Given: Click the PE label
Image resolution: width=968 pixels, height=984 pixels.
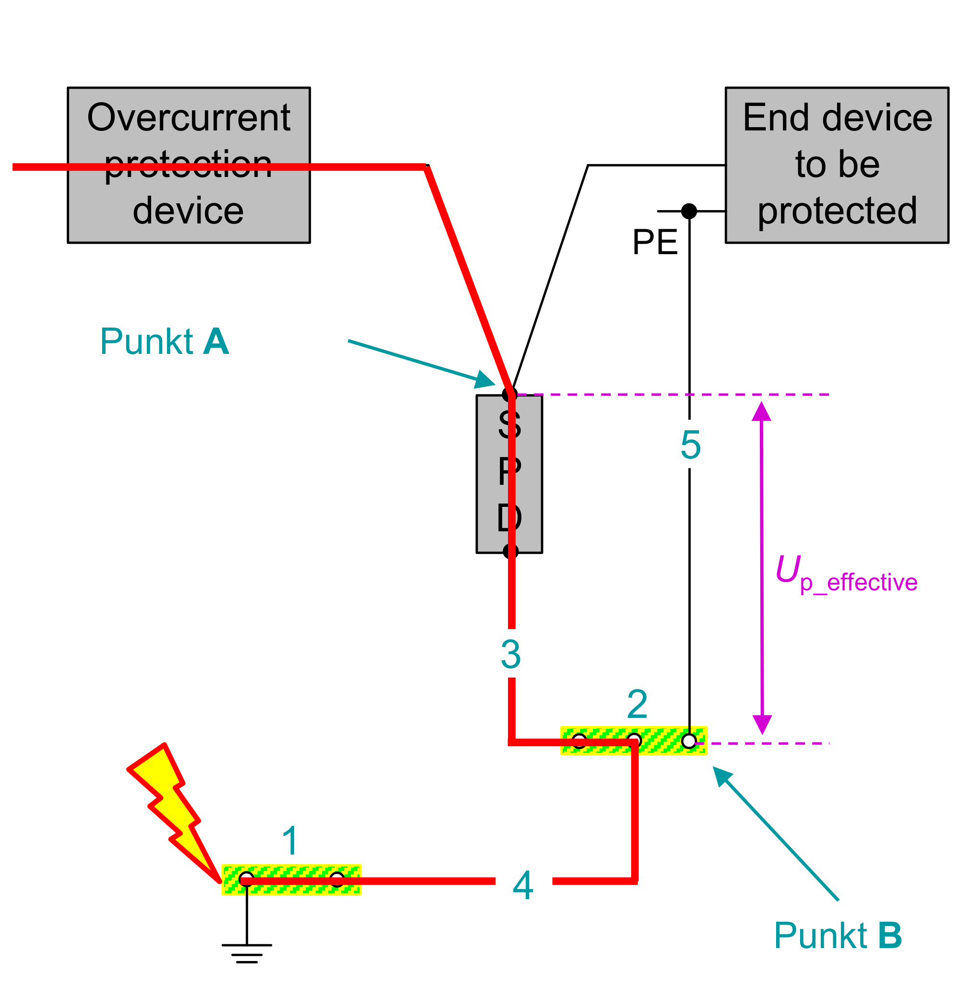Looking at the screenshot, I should click(x=654, y=243).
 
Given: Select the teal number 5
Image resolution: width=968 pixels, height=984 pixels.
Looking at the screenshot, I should click(x=690, y=445).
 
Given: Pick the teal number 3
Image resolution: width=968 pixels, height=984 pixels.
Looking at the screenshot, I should click(x=510, y=654).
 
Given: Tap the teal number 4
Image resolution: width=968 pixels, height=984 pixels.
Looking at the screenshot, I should click(x=523, y=885).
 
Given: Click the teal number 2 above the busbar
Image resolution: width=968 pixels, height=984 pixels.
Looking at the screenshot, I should click(x=637, y=704).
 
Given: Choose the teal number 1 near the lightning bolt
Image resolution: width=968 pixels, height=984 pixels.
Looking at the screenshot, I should click(x=290, y=841).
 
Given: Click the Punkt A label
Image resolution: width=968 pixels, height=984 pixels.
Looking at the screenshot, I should click(x=164, y=341).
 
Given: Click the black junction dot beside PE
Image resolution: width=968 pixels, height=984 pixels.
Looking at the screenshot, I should click(x=689, y=211).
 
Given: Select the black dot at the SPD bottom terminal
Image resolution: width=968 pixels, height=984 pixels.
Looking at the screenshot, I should click(x=510, y=551).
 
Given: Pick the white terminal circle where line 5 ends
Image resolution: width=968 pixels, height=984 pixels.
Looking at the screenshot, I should click(x=689, y=741).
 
